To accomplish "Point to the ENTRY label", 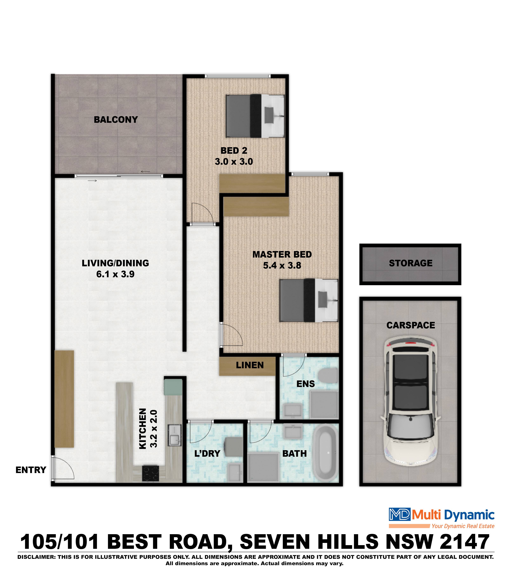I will tap(31, 470).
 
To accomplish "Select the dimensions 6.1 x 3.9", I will tap(115, 274).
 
